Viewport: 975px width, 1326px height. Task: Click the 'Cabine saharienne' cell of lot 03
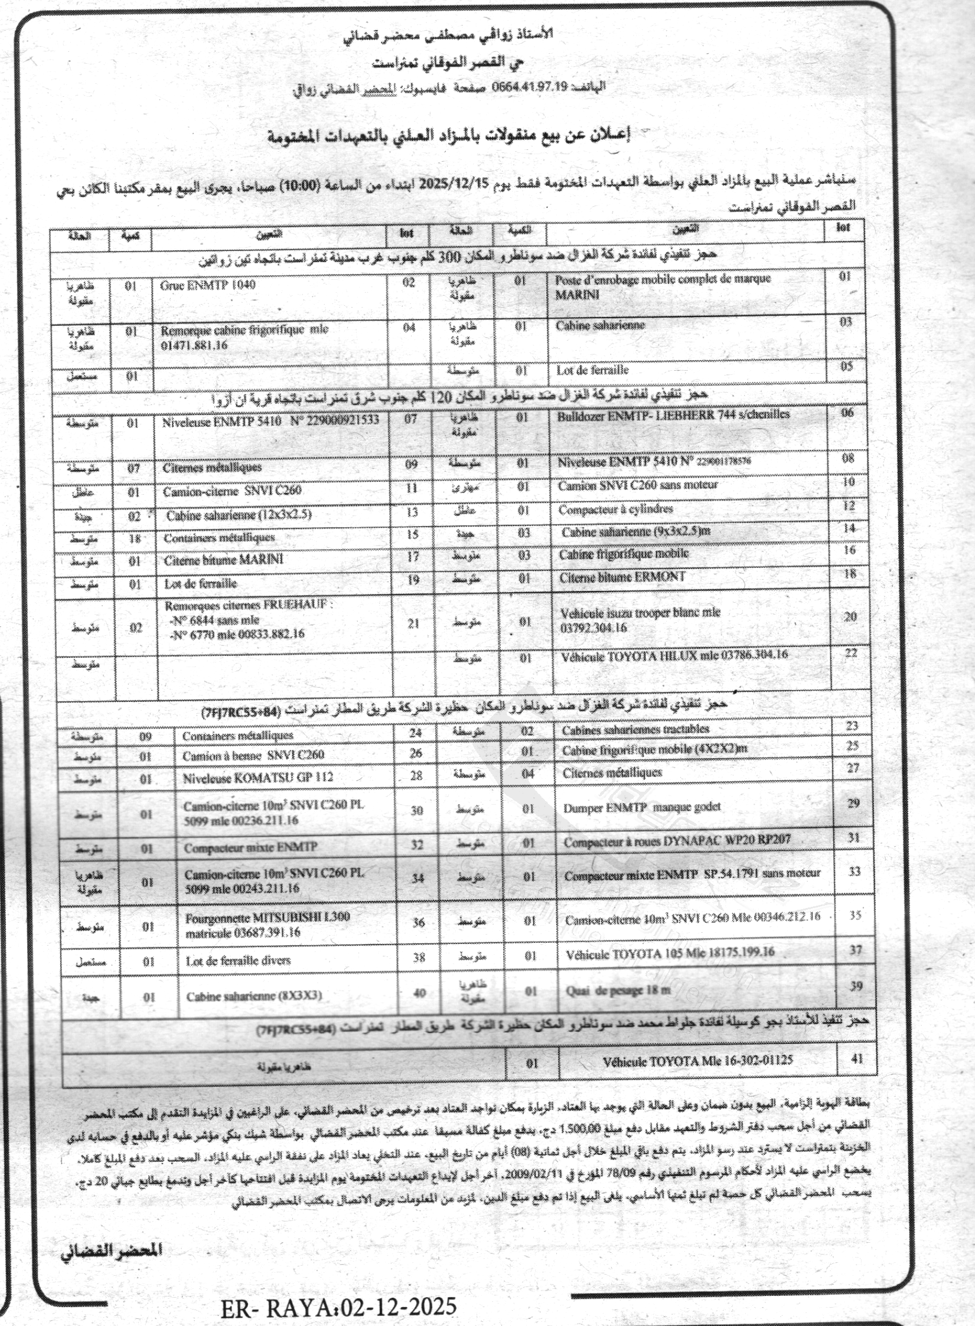600,325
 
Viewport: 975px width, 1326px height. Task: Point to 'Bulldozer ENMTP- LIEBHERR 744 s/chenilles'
673,415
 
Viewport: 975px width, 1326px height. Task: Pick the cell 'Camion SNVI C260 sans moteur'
638,485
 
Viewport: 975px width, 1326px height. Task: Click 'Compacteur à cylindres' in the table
616,509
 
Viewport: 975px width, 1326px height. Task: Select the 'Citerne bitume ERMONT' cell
622,577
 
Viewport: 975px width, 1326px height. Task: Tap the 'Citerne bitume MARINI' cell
223,560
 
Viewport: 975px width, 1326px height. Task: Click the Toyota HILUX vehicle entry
674,655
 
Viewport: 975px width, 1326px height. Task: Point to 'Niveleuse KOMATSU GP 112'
257,778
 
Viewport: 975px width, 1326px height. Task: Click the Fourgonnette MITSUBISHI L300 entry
268,925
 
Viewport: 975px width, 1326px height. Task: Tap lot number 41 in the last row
857,1059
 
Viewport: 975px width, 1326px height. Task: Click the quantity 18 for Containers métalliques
135,538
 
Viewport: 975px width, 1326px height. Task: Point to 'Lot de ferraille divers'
239,961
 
